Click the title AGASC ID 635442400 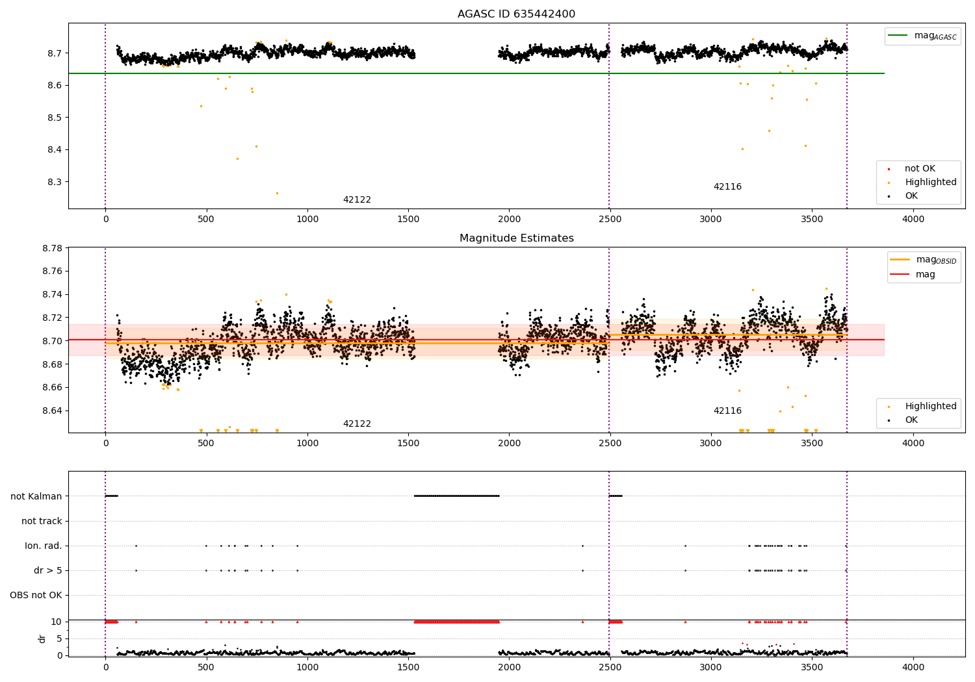pos(516,14)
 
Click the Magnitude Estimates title pos(516,238)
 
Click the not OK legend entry pos(920,169)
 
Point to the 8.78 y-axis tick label pos(51,248)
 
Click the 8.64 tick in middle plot pos(51,410)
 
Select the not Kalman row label pos(36,496)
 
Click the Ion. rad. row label pos(44,546)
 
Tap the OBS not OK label pos(36,595)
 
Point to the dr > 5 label pos(48,570)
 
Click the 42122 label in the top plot pos(357,200)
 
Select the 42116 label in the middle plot pos(727,411)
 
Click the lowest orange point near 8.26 pos(277,193)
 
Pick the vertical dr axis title pos(42,638)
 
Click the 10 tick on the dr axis pos(57,622)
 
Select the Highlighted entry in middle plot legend pos(930,407)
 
